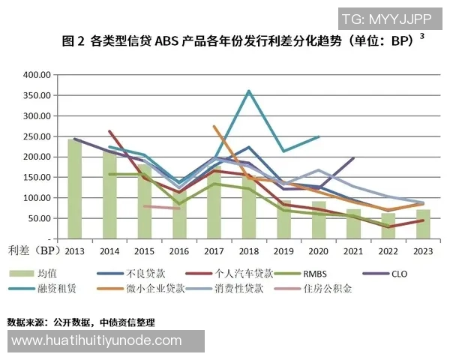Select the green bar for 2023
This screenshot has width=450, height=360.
423,224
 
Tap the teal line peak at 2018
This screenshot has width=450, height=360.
248,91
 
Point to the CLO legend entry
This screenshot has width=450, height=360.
398,274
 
